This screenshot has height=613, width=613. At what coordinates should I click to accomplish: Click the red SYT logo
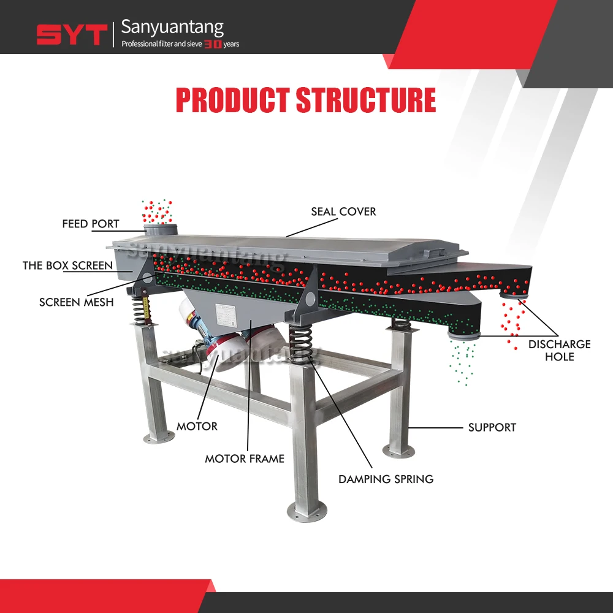pos(72,34)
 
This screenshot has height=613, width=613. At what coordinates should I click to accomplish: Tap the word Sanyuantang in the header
pos(172,27)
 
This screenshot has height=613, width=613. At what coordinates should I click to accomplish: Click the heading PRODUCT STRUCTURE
pos(306,101)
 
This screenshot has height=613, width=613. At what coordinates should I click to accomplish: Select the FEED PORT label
pos(91,224)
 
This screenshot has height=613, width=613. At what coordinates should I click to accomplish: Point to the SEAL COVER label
pos(343,211)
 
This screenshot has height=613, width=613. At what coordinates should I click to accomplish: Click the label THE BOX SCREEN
pos(67,265)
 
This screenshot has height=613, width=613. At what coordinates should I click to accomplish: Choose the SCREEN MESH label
pos(76,302)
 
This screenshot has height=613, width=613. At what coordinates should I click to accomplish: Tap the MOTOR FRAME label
pos(245,458)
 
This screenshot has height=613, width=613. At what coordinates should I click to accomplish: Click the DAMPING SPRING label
pos(386,479)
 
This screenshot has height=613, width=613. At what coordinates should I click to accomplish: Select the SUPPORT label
pos(492,427)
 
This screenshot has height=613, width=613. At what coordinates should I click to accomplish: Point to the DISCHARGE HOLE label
pos(559,350)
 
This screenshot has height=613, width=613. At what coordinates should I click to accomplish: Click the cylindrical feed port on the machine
pos(161,230)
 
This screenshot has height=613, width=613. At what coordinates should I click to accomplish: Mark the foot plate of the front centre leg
pos(305,510)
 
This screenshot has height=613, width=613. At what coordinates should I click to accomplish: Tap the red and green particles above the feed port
pos(157,211)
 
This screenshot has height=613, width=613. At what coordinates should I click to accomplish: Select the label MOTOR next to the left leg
pos(197,426)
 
